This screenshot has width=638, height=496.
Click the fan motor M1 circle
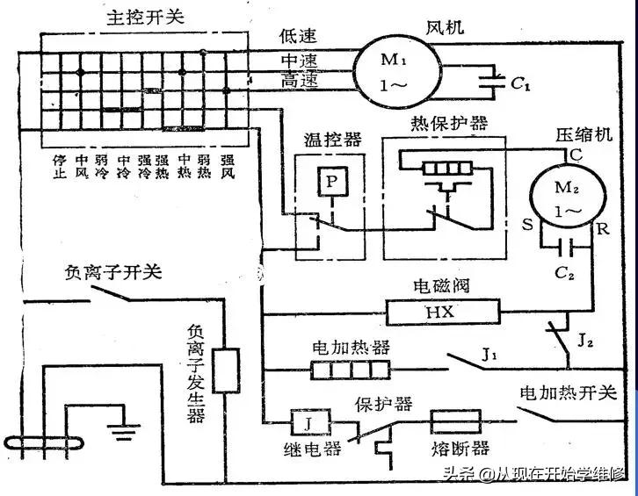coord(389,68)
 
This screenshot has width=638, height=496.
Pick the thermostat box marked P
coord(330,182)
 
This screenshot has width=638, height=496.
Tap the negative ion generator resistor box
coord(228,370)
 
